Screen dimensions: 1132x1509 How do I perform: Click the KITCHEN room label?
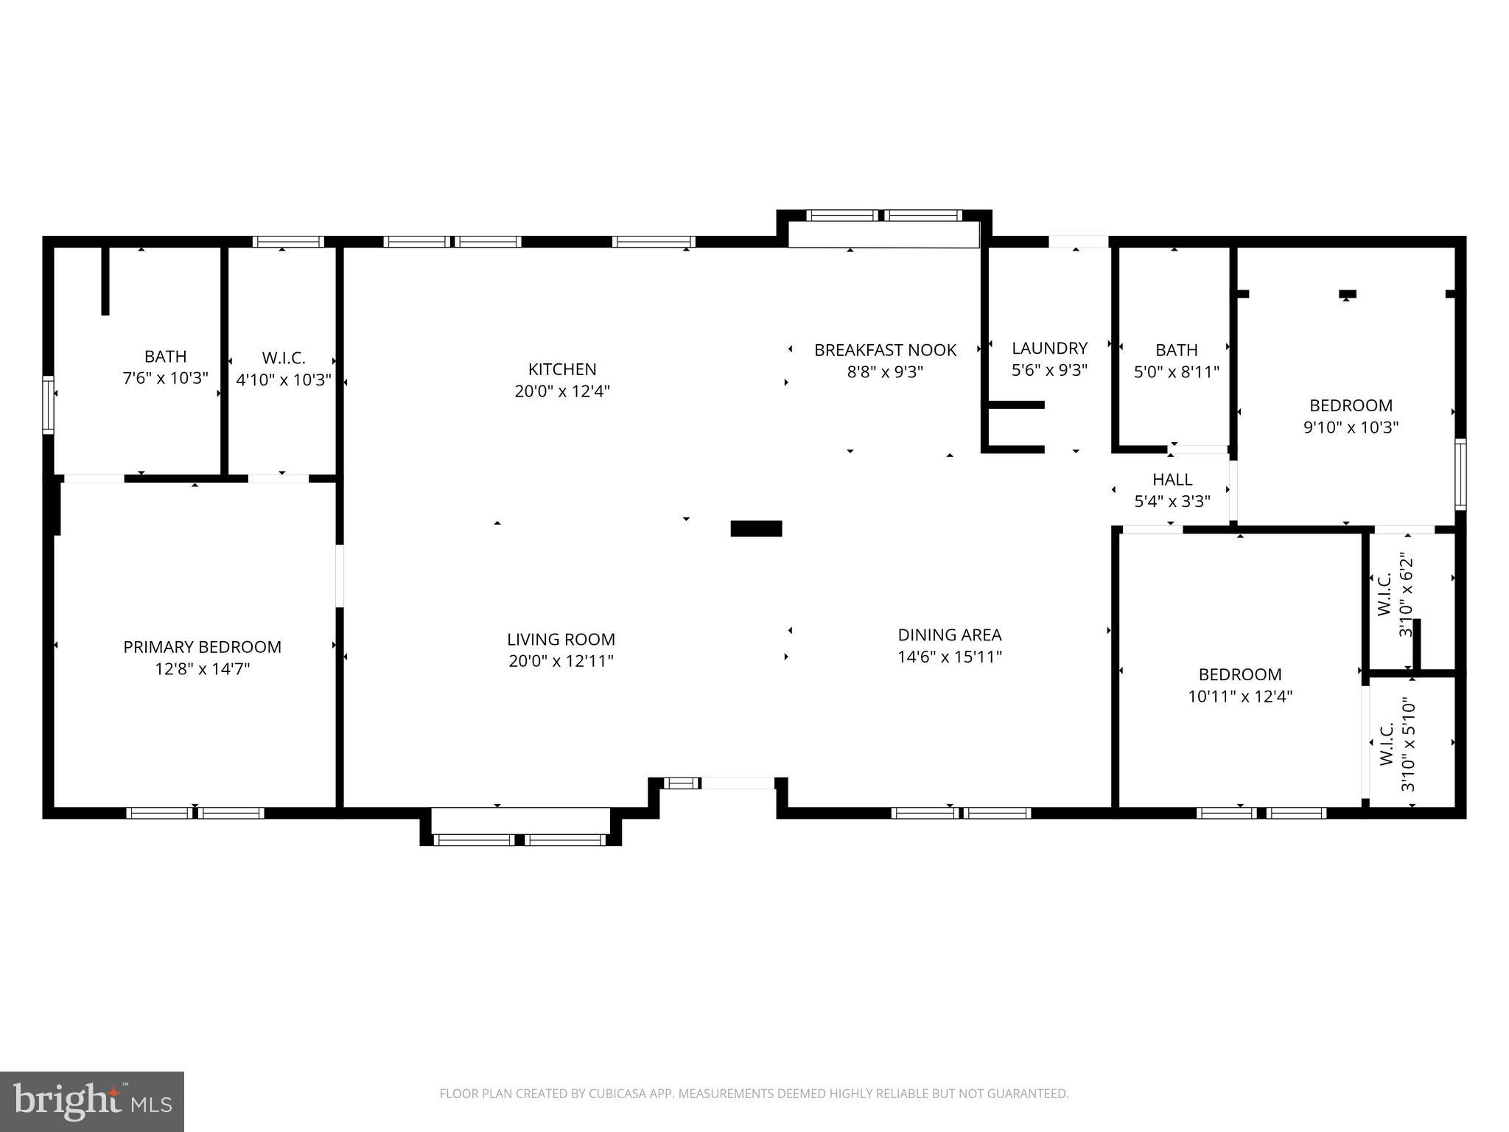click(561, 369)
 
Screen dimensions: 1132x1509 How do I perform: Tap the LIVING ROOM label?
click(561, 639)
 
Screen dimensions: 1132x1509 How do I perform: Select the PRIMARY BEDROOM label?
click(202, 647)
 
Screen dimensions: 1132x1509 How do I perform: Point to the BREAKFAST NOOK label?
click(885, 350)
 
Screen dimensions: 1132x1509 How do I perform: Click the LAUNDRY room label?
click(1049, 348)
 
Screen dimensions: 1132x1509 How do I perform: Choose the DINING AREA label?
click(949, 635)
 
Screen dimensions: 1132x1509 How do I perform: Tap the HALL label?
click(1172, 480)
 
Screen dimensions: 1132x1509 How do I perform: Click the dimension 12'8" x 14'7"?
click(202, 669)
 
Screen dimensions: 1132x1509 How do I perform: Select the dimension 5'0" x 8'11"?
click(1176, 372)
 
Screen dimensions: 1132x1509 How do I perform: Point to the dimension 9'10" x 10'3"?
click(1351, 427)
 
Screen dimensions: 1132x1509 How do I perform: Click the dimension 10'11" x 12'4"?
click(1240, 696)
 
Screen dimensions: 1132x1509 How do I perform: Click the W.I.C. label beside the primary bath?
click(284, 358)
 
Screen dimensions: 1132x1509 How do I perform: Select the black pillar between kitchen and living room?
click(756, 528)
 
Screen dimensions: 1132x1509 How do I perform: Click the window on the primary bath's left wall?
click(48, 405)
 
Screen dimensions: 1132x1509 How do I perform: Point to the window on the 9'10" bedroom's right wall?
click(1460, 474)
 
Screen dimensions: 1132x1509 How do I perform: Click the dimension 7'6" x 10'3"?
click(165, 379)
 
